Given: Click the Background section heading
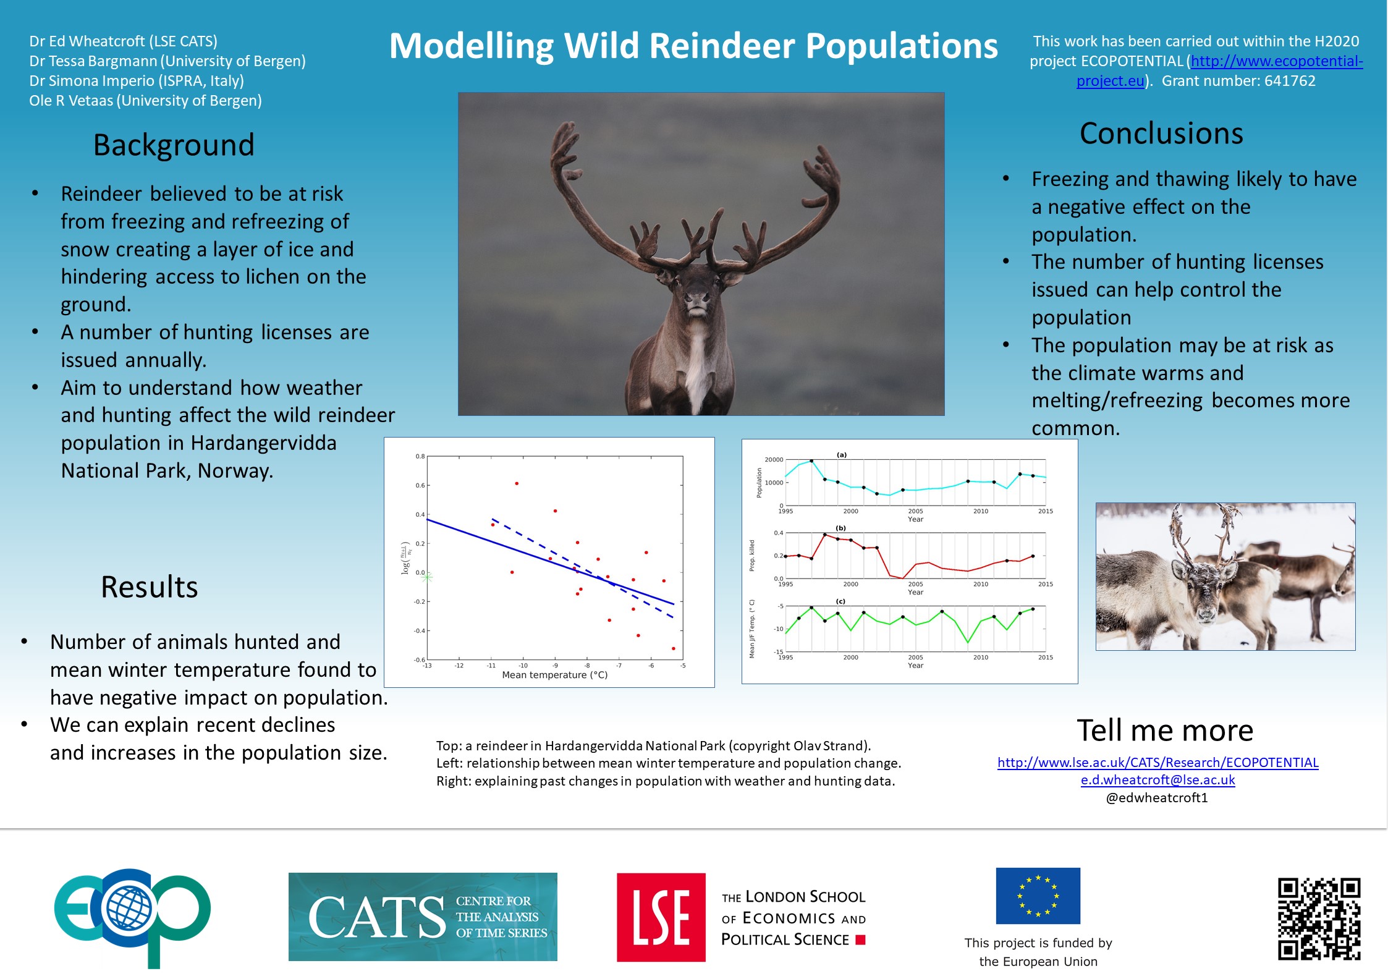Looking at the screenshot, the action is tap(174, 146).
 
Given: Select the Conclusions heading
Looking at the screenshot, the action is tap(1161, 133).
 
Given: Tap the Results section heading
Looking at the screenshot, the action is tap(150, 587).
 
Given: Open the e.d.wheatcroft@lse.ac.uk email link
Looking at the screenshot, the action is tap(1157, 780).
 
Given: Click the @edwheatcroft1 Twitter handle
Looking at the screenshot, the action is tap(1156, 797).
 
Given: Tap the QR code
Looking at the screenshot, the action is tap(1319, 918).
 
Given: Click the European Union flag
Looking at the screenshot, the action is tap(1038, 896).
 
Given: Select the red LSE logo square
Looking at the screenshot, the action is tap(661, 917).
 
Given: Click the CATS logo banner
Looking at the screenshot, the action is tap(423, 917).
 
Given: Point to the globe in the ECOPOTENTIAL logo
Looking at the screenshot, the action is tap(129, 909).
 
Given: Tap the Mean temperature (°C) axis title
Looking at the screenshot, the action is tap(554, 675).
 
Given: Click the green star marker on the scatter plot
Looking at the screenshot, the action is tap(426, 577).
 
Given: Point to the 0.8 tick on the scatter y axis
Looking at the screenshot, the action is tap(420, 456).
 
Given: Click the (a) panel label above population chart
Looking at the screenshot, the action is tap(842, 455).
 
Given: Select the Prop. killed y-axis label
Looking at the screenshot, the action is tap(752, 556).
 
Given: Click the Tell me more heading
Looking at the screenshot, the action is tap(1165, 731).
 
